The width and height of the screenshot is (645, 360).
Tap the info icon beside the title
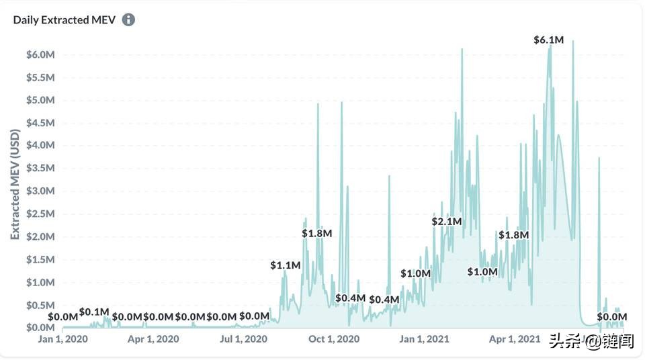click(x=128, y=19)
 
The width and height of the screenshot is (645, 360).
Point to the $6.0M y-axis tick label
click(x=40, y=54)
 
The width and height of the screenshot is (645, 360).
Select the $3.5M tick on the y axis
click(x=40, y=168)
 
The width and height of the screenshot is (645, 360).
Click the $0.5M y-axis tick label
click(x=40, y=305)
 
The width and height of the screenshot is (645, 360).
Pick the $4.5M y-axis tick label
click(x=40, y=122)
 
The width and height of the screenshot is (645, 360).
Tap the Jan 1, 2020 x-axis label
click(x=63, y=339)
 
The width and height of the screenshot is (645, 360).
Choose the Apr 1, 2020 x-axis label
click(x=153, y=339)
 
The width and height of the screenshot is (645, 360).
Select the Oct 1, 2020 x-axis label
click(x=334, y=339)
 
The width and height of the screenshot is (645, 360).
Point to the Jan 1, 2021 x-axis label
click(x=424, y=339)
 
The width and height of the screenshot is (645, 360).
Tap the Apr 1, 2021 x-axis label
click(x=514, y=339)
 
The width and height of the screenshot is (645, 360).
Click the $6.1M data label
click(x=548, y=40)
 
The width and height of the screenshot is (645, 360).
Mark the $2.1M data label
click(x=447, y=221)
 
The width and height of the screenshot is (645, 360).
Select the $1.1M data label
click(x=286, y=265)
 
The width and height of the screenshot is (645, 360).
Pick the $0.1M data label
click(x=94, y=312)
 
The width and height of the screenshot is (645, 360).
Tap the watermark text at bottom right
click(x=591, y=341)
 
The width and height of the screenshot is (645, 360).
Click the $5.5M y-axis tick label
click(x=40, y=77)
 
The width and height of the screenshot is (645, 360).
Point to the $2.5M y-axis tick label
click(x=40, y=214)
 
